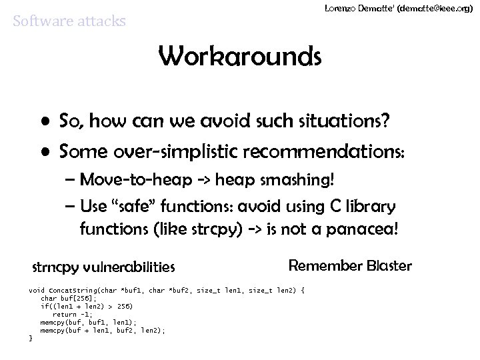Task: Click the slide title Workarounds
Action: pyautogui.click(x=240, y=58)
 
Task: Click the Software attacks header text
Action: pyautogui.click(x=69, y=21)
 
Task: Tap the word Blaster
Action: pyautogui.click(x=389, y=265)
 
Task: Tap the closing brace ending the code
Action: pyautogui.click(x=31, y=338)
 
